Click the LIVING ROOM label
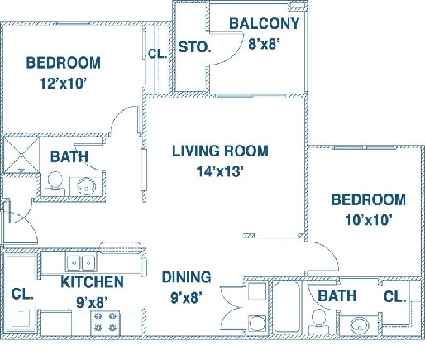coord(220,151)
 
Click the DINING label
coord(185,277)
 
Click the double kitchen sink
coord(81,262)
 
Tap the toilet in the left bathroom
coord(55,181)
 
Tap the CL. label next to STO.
coord(156,55)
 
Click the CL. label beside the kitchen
coord(21,294)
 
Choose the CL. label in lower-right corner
coord(394,295)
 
